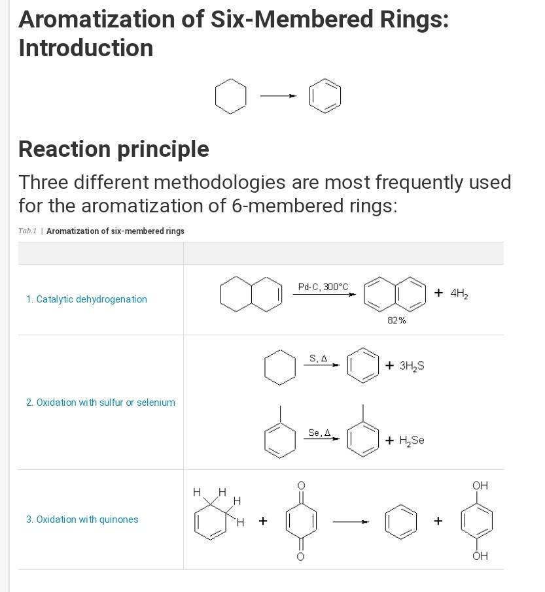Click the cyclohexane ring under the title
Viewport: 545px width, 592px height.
pyautogui.click(x=230, y=97)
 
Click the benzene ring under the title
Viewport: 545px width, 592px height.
pyautogui.click(x=325, y=97)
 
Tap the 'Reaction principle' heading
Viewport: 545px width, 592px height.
pyautogui.click(x=114, y=149)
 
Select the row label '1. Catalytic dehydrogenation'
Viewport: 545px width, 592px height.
pyautogui.click(x=86, y=299)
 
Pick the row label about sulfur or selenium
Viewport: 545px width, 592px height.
pyautogui.click(x=101, y=403)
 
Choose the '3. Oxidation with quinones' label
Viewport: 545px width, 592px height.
pyautogui.click(x=82, y=519)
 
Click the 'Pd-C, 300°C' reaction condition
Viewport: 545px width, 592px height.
pyautogui.click(x=323, y=287)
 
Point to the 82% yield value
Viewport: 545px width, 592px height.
pyautogui.click(x=396, y=320)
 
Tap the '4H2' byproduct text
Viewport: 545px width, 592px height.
pyautogui.click(x=459, y=293)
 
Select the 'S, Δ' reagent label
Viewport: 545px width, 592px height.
pyautogui.click(x=319, y=358)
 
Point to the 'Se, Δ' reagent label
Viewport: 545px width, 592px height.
pyautogui.click(x=319, y=433)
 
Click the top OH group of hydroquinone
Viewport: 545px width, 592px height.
pyautogui.click(x=480, y=485)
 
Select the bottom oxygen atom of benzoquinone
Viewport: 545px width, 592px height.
pyautogui.click(x=301, y=556)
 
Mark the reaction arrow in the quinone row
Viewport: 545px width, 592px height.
pyautogui.click(x=351, y=521)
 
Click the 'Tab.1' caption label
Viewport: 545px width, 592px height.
pyautogui.click(x=27, y=231)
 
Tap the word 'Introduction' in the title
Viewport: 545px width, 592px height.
pyautogui.click(x=86, y=48)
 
